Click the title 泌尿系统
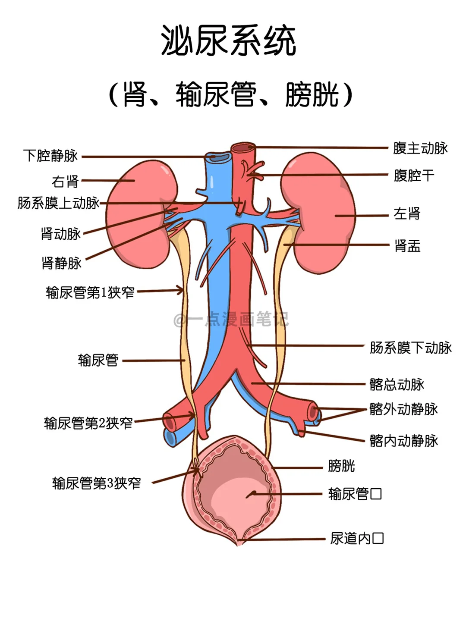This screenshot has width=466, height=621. coord(229,40)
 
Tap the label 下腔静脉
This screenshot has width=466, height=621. coord(50,156)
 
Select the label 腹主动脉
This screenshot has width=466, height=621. coord(420,148)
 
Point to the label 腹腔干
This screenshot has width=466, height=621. coord(414,176)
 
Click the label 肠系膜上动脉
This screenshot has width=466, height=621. coord(59,203)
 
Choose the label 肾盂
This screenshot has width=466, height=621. coord(407,245)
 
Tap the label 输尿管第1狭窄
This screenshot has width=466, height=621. coord(90,292)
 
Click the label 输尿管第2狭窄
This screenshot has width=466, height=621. coord(88,423)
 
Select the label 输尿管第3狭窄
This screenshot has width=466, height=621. coord(97,483)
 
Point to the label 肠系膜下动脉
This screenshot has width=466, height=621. coord(411,348)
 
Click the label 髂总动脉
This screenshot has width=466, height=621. coord(397,384)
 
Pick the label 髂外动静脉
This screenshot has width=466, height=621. coord(404,409)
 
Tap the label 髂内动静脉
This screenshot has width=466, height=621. coord(404,440)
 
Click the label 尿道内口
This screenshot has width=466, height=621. coord(357,538)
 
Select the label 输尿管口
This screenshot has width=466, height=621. coord(355,494)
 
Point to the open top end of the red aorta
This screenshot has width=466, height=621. coord(243,147)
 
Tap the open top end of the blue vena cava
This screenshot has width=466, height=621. coord(218,157)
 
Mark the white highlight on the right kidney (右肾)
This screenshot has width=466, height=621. coord(164,172)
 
